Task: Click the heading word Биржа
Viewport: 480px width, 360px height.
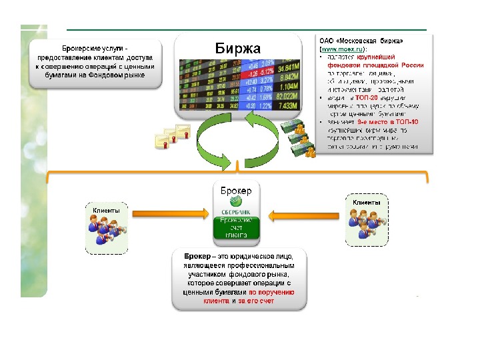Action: (238, 48)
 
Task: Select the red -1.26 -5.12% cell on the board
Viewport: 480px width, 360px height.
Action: (259, 71)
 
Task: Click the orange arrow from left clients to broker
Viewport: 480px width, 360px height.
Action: (172, 214)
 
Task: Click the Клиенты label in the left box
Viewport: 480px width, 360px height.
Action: (107, 211)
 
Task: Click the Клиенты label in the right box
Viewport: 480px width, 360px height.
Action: (367, 202)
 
